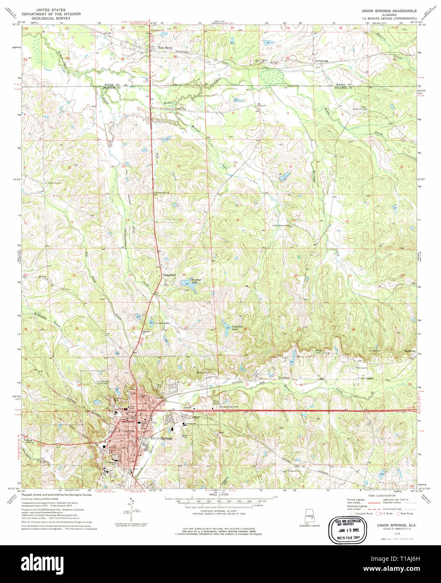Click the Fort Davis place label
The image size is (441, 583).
tap(165, 48)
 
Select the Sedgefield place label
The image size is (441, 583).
tap(169, 275)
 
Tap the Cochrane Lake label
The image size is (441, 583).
tap(238, 328)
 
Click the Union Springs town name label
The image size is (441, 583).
tap(161, 438)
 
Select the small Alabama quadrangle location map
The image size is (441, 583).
tap(310, 517)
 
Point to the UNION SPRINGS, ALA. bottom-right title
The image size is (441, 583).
tap(391, 525)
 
